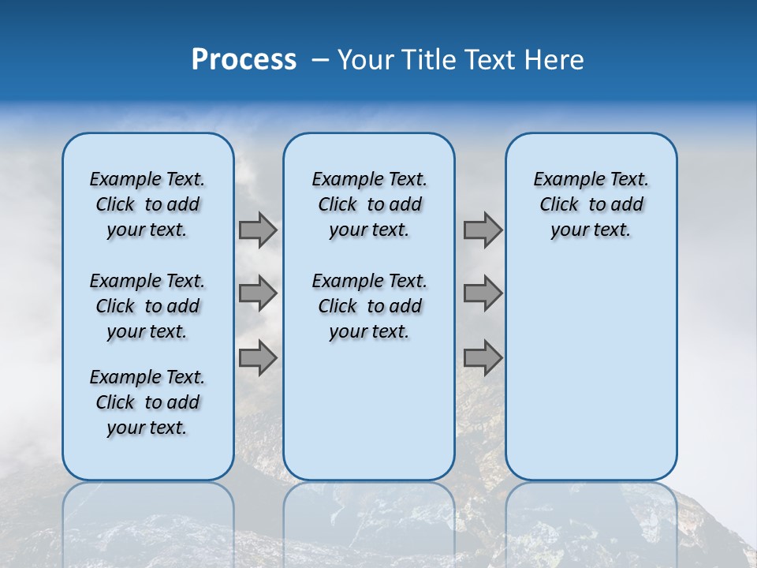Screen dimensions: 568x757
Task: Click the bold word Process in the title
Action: (244, 60)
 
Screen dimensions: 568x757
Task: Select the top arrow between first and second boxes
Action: (258, 230)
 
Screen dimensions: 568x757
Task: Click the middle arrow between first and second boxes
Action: (258, 293)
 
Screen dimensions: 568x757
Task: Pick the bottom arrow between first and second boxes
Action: (258, 358)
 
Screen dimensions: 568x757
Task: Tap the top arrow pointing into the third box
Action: (483, 230)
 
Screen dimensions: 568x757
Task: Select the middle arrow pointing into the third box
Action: (483, 293)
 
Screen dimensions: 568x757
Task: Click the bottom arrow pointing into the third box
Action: (483, 358)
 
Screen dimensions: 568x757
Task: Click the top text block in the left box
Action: (147, 204)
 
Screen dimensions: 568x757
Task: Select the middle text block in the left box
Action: (147, 306)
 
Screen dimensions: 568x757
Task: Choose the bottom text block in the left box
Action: (147, 402)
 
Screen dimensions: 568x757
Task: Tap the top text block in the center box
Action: (369, 204)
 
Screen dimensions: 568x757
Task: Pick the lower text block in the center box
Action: (369, 306)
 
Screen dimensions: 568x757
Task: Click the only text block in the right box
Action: (591, 204)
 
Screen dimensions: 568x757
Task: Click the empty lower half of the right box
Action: (591, 371)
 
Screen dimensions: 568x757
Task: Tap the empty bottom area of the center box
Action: (369, 418)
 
